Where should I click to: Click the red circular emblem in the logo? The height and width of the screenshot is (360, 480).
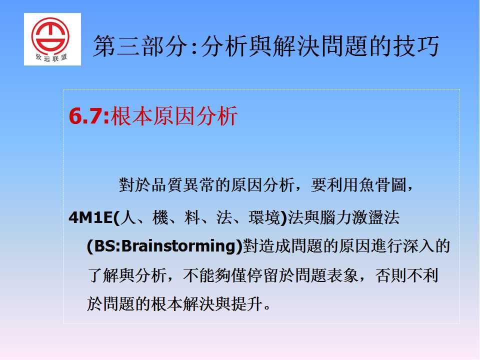(50, 36)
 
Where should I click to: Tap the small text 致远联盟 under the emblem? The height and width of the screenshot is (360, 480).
(51, 58)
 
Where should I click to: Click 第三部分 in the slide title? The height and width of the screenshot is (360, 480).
(140, 46)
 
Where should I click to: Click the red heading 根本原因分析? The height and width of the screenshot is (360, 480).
(174, 116)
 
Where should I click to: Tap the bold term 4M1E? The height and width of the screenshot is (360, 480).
(90, 217)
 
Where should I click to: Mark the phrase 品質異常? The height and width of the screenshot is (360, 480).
(183, 185)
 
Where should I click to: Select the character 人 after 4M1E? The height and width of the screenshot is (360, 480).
(128, 217)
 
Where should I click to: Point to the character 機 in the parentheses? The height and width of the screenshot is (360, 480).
(160, 217)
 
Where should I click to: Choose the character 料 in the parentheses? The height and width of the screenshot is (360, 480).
(192, 217)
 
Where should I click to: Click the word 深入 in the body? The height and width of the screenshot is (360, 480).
(419, 246)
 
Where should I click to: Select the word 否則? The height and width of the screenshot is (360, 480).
(390, 275)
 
